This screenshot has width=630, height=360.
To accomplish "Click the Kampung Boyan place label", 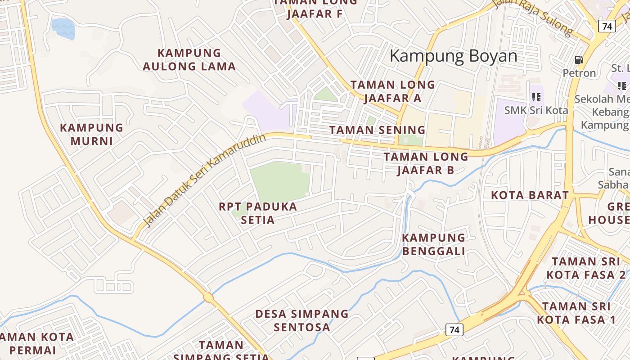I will (x=453, y=56).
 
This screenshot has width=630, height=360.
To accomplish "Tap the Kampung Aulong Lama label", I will (x=189, y=60).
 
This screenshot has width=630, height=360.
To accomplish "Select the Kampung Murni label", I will (x=91, y=134).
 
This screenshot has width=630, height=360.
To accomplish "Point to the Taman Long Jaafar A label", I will (x=392, y=91).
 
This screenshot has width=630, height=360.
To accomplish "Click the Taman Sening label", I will (x=377, y=130).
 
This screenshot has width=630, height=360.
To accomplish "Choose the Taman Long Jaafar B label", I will (x=426, y=163).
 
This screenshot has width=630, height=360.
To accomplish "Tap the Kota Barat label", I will (x=530, y=195).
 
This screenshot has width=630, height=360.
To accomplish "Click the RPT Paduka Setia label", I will (x=258, y=213).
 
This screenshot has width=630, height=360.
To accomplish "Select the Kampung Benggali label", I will (x=433, y=244).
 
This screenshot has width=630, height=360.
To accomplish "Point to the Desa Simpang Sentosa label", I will (x=302, y=320).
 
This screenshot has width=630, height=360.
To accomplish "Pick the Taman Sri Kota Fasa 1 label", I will (x=576, y=313).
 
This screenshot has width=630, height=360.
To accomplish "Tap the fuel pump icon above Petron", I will (x=579, y=59).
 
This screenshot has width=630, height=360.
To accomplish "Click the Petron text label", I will (x=579, y=73).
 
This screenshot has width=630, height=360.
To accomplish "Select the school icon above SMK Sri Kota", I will (x=536, y=97).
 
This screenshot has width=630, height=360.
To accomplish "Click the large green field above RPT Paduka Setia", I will (x=280, y=182).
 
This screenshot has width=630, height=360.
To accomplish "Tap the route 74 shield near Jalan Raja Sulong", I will (x=607, y=26).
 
